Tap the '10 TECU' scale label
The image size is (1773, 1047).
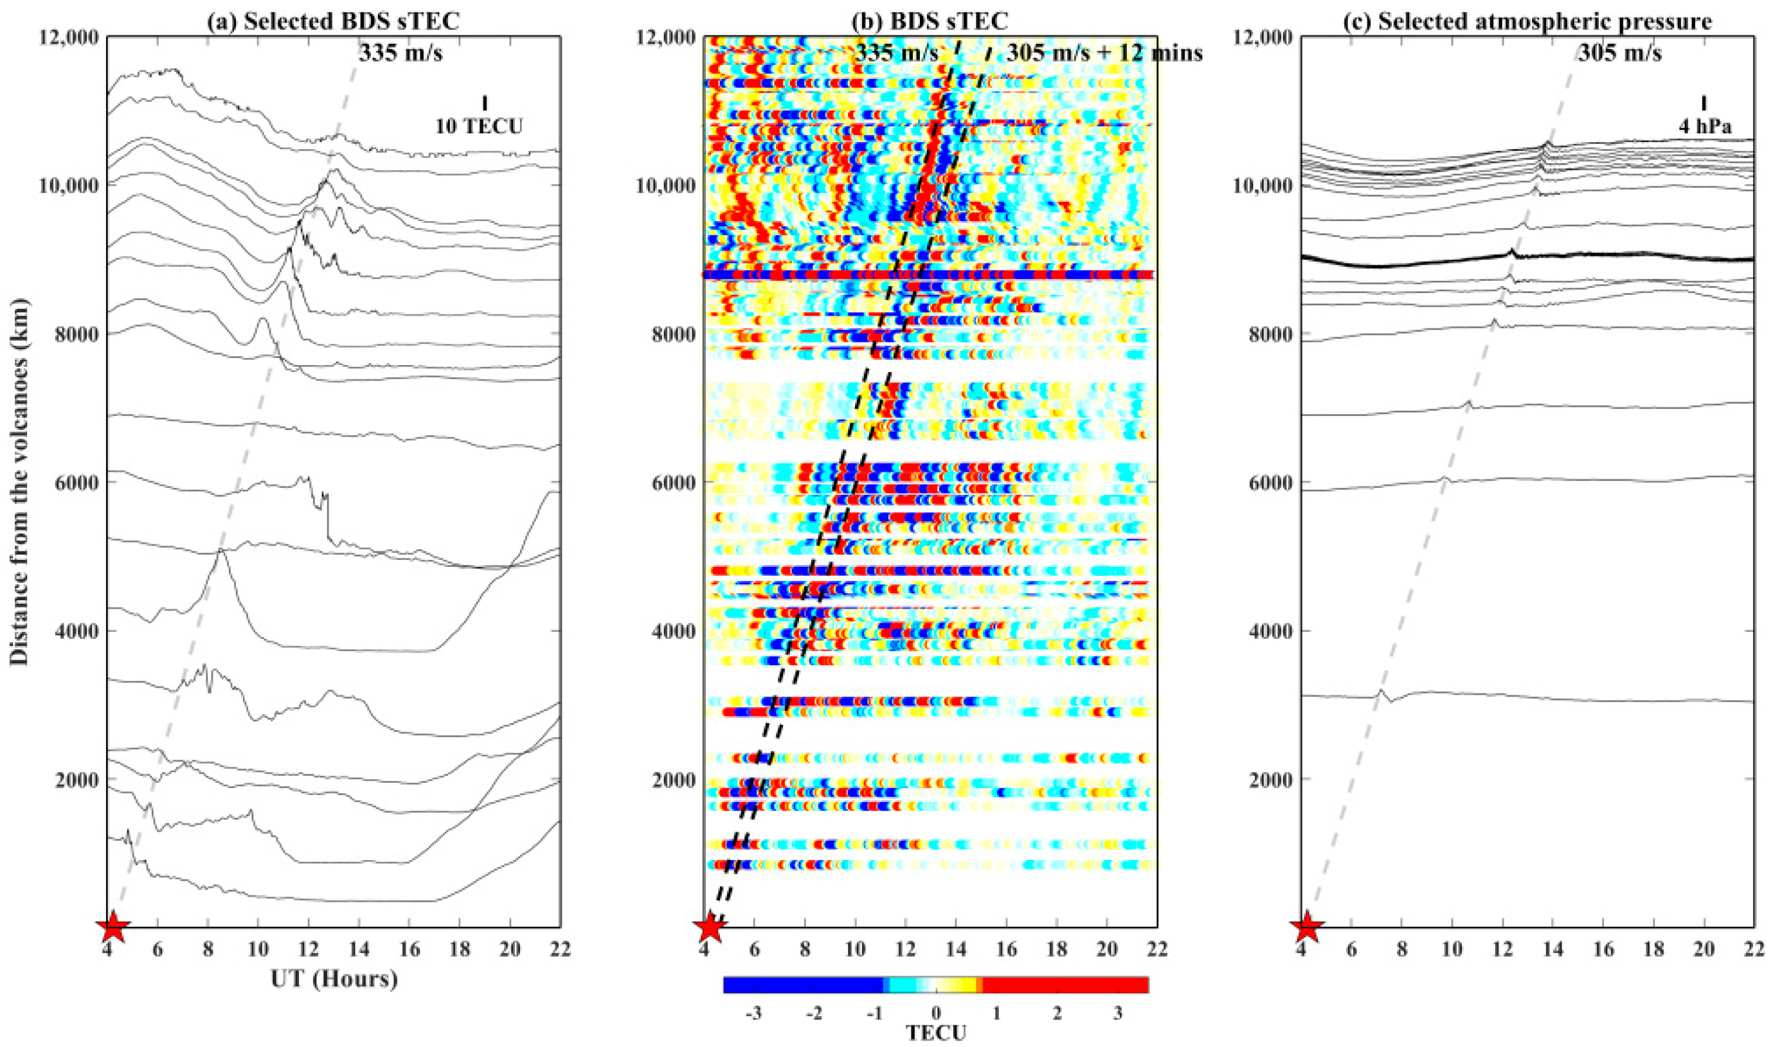[x=479, y=126]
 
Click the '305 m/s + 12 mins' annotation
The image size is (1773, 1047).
[x=1104, y=52]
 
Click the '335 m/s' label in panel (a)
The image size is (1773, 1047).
[x=400, y=52]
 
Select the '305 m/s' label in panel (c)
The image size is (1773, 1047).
[x=1620, y=52]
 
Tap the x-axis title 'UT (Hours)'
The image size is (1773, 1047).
[x=334, y=980]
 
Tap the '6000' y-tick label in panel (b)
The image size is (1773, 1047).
[x=675, y=483]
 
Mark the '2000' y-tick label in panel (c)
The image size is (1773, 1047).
[x=1272, y=780]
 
